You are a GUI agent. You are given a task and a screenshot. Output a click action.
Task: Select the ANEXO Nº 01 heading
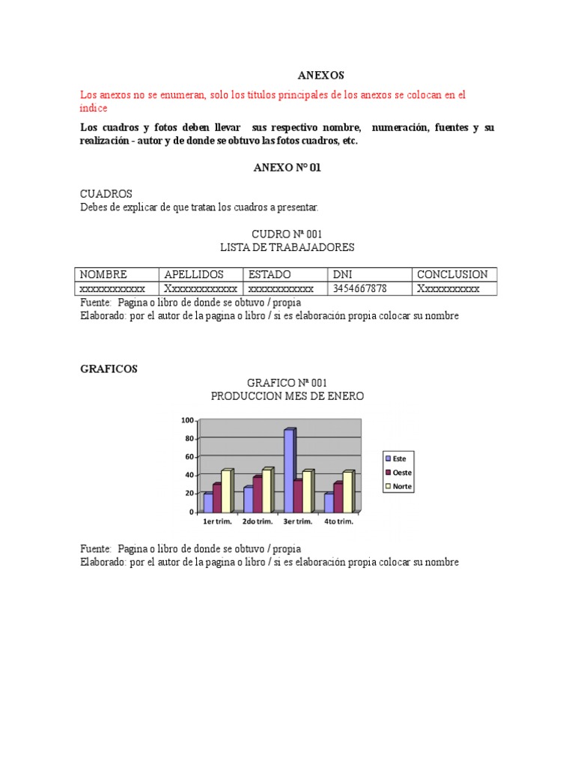tap(287, 168)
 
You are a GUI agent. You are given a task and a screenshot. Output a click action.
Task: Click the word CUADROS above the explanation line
tap(106, 194)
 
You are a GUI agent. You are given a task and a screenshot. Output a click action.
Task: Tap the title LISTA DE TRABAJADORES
tap(287, 247)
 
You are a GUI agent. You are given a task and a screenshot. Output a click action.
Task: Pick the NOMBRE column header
tap(103, 275)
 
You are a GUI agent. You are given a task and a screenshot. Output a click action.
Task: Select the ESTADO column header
tap(270, 275)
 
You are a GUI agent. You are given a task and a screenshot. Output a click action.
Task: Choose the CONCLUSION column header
tap(451, 275)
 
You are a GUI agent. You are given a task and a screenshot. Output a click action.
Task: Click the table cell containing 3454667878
tap(359, 288)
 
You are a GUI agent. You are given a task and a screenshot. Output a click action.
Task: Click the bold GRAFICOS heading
tap(109, 369)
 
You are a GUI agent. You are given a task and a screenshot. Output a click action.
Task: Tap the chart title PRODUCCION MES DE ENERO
tap(287, 396)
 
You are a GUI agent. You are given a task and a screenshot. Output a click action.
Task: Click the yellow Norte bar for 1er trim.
tap(227, 491)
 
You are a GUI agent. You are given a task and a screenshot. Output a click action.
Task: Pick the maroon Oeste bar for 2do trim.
tap(257, 494)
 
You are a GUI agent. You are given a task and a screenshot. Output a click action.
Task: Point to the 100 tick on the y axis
tap(186, 420)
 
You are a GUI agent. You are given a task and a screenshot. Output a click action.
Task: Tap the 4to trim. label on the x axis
tap(339, 521)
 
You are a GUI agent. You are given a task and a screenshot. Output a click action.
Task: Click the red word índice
tap(94, 109)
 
